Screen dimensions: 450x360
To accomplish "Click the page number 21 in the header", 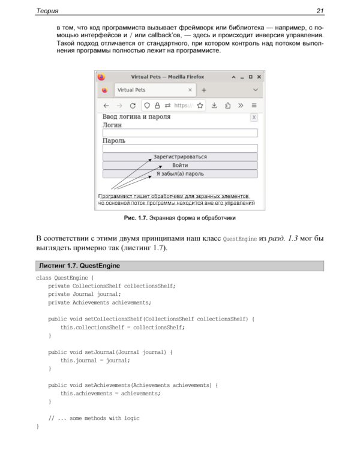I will tap(320, 11).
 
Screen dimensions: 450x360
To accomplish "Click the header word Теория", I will tap(47, 11).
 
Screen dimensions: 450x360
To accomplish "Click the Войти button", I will tap(180, 165).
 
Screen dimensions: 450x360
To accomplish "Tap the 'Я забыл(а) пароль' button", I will tap(180, 174).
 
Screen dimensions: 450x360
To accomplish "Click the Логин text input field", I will tap(180, 133).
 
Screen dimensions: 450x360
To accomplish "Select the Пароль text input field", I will tap(180, 148).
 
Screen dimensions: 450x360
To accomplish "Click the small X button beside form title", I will tap(254, 118).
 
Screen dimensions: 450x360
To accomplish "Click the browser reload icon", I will tap(133, 105).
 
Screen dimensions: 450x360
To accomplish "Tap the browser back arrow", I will tap(106, 105).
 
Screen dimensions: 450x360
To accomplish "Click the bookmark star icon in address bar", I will tap(200, 105).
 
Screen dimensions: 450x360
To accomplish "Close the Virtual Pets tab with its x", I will tap(190, 90).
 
